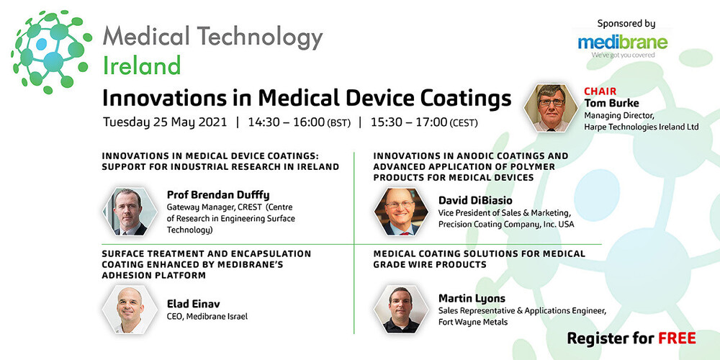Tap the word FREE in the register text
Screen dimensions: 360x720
[678, 338]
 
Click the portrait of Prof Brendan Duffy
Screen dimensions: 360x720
[130, 212]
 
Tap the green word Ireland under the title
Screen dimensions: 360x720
[141, 66]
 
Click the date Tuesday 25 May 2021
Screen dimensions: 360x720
[165, 122]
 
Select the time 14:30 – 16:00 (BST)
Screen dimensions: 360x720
[299, 122]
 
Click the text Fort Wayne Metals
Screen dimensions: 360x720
[472, 322]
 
